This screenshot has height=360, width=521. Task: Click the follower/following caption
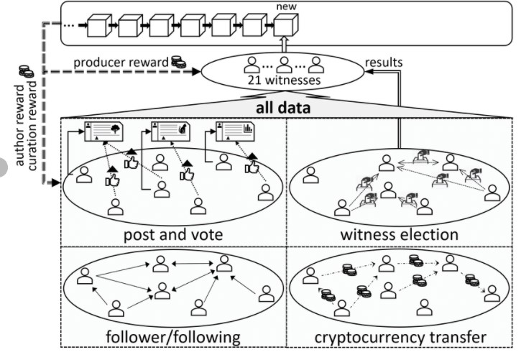pyautogui.click(x=173, y=337)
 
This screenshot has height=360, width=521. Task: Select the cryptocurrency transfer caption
pyautogui.click(x=400, y=337)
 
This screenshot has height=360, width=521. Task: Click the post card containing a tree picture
pyautogui.click(x=104, y=134)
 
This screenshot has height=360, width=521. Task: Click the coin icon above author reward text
pyautogui.click(x=26, y=71)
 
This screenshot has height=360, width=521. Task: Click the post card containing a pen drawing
pyautogui.click(x=169, y=134)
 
